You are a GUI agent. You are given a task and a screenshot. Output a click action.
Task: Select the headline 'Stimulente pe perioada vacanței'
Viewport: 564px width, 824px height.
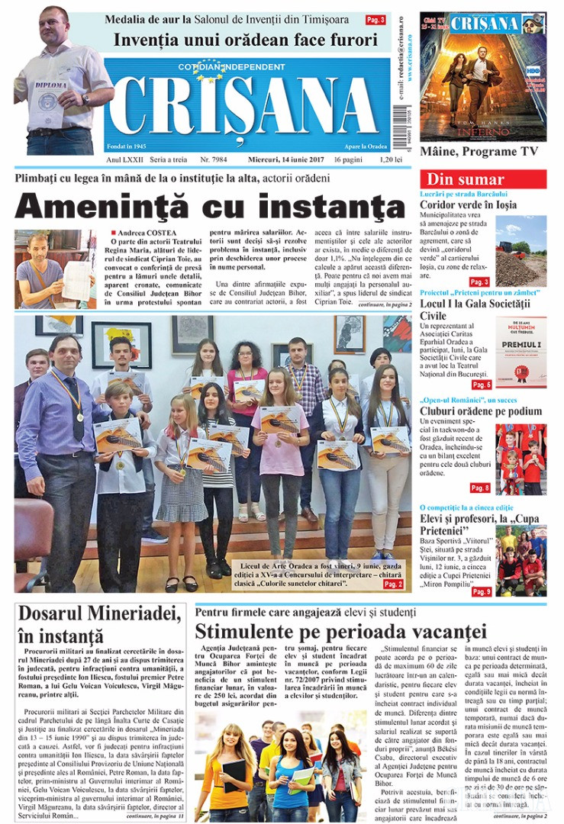(340, 632)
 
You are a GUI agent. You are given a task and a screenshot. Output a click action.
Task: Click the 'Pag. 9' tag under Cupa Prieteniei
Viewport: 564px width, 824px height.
(481, 591)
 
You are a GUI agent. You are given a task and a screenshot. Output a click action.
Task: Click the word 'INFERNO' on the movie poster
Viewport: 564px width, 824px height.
(477, 130)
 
